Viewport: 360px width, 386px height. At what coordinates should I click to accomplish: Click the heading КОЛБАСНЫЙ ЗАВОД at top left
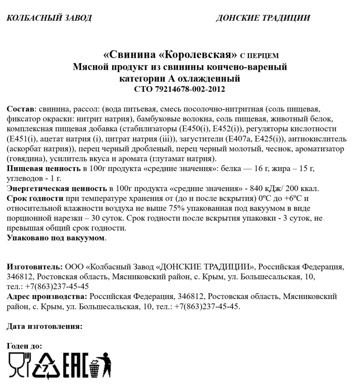pos(49,18)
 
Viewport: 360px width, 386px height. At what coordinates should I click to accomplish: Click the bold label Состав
pos(20,109)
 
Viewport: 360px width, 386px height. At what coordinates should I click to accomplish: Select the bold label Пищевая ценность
pos(43,168)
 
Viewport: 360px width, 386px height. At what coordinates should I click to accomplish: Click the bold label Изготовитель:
pos(35,267)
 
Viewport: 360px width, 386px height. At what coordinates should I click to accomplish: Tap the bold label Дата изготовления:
pos(44,326)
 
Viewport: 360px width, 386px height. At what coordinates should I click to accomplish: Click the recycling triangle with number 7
pos(46,365)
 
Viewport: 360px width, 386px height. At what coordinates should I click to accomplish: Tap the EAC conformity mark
pos(74,365)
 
